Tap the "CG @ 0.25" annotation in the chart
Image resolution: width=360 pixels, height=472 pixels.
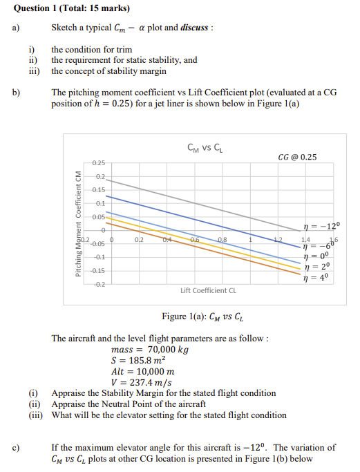point(296,158)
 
